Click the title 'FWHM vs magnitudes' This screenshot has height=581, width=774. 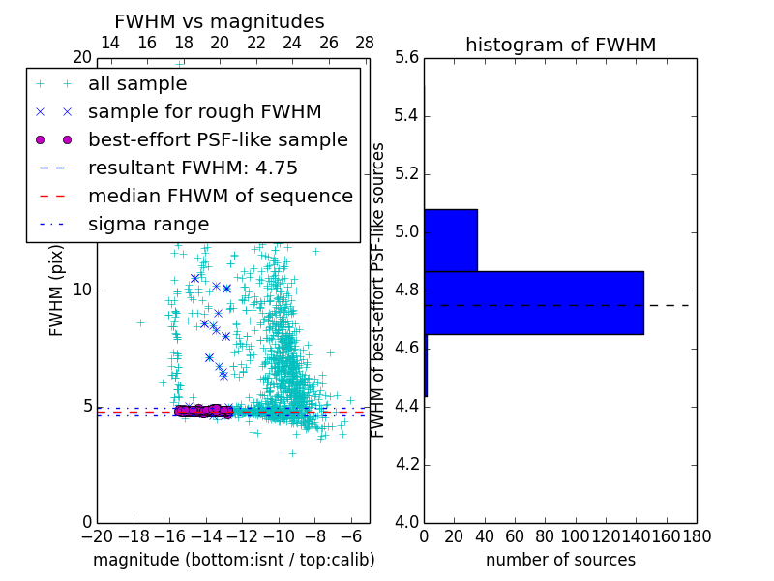click(220, 21)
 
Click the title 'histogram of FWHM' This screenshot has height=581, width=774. click(560, 45)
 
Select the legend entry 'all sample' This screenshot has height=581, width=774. click(137, 84)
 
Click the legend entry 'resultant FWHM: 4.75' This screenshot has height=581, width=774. click(193, 168)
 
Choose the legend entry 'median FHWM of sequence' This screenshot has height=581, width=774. click(220, 196)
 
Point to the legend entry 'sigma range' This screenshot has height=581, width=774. click(148, 224)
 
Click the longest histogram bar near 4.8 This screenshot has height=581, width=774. click(533, 303)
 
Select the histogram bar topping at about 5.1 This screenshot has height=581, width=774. click(451, 240)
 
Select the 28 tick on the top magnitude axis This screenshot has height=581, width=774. click(365, 43)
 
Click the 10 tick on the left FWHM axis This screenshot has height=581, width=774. click(81, 290)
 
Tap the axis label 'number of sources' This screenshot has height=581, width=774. click(560, 560)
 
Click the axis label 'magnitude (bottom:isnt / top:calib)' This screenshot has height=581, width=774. click(233, 560)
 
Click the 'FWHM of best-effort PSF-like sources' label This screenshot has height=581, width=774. click(379, 290)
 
